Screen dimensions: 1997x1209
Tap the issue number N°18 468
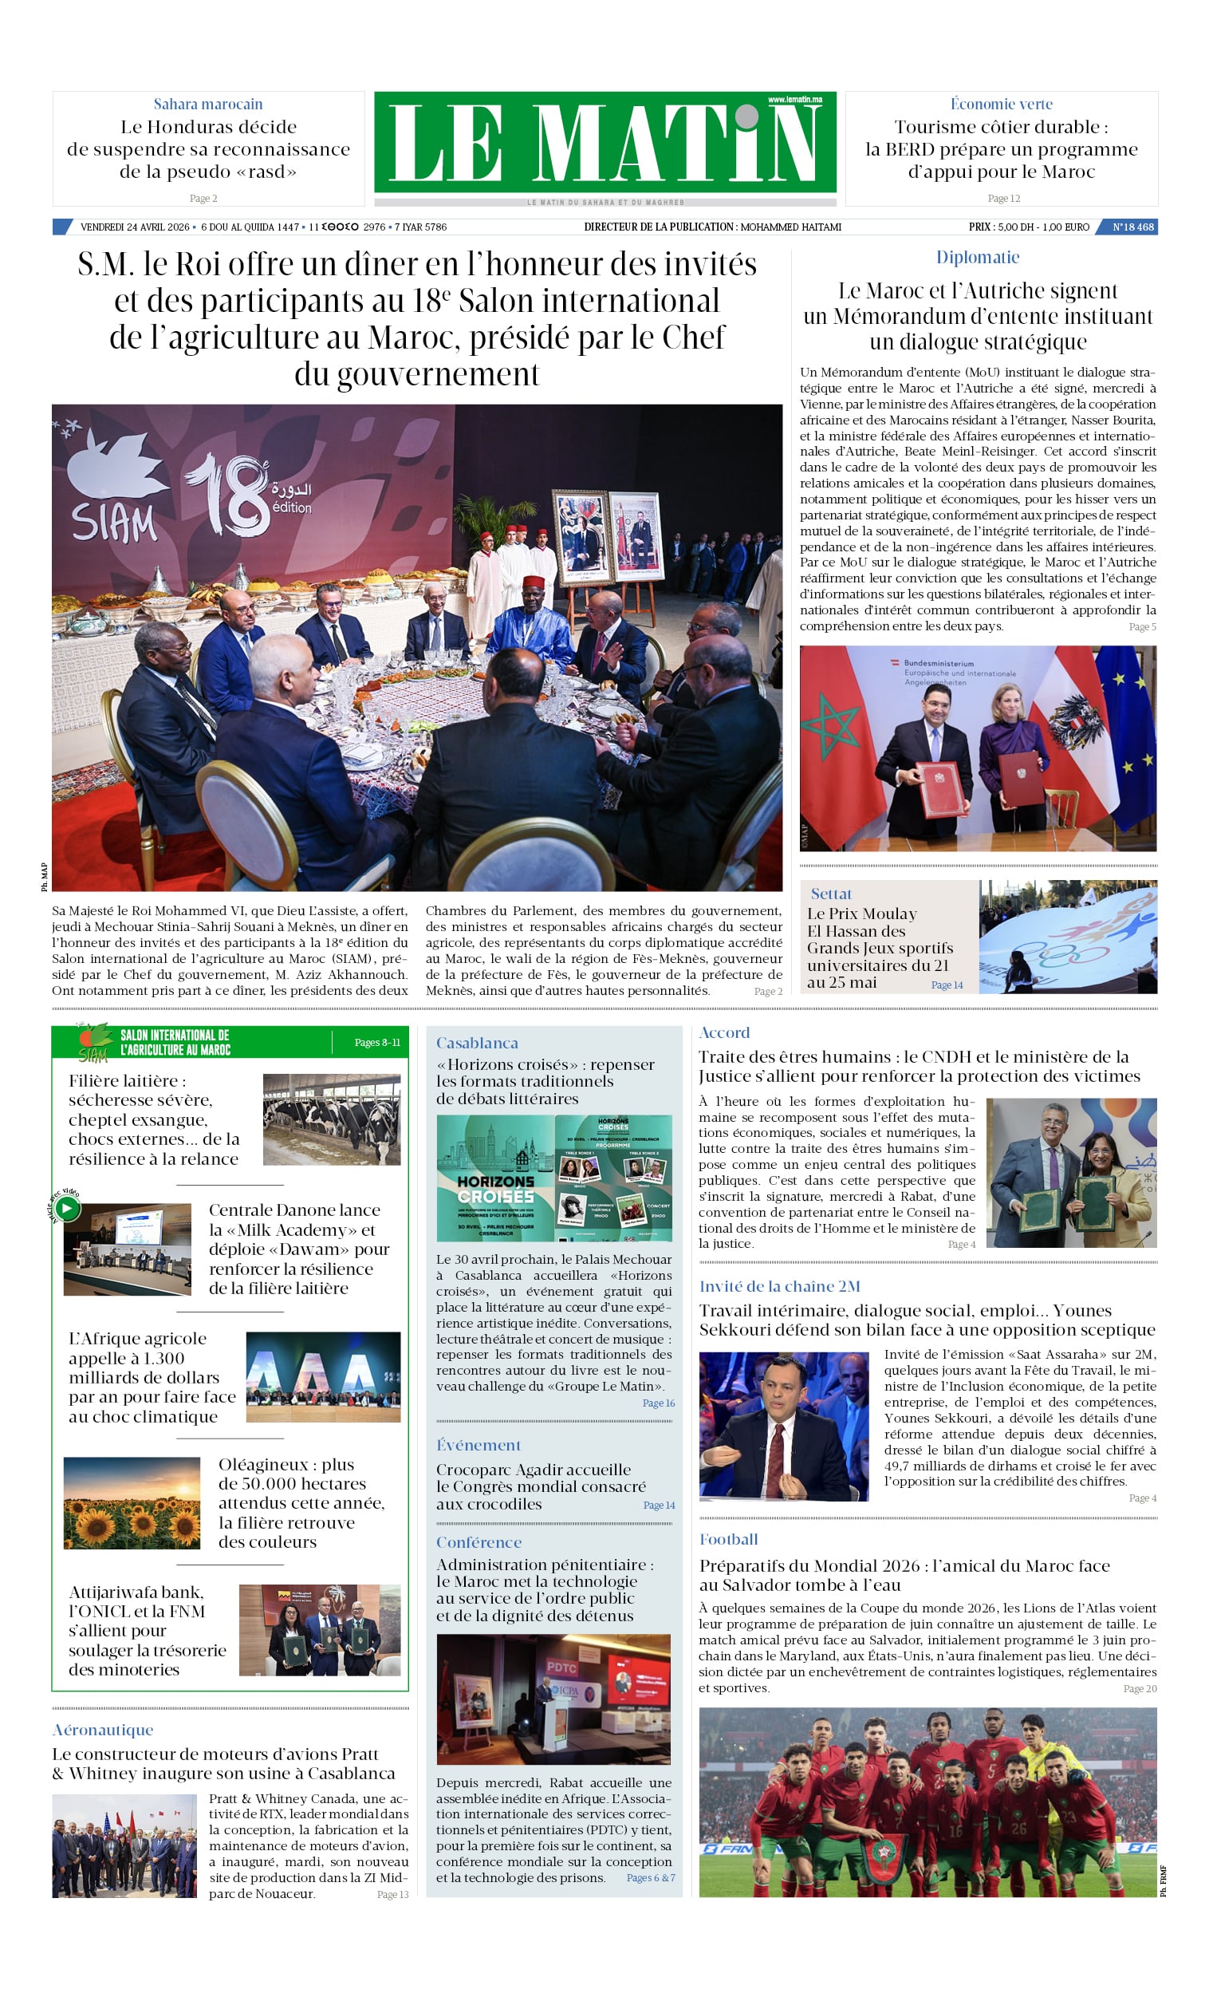[1132, 227]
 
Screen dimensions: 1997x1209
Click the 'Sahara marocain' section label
[208, 104]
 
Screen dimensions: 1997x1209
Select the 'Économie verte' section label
[1001, 104]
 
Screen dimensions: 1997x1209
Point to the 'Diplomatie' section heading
[977, 257]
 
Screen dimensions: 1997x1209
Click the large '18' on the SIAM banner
[229, 495]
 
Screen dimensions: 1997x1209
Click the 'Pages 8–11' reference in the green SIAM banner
[376, 1042]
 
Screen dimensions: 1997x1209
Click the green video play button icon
[68, 1209]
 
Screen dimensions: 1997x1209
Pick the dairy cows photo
[332, 1119]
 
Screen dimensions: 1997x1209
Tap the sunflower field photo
[132, 1502]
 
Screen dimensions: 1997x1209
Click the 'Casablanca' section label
[476, 1043]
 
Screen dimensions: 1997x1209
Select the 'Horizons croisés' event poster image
[553, 1178]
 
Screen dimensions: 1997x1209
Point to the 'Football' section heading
[728, 1539]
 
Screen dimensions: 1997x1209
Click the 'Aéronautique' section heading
[103, 1729]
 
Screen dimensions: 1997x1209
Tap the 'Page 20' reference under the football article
[1140, 1688]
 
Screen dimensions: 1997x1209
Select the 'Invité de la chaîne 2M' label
[779, 1286]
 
